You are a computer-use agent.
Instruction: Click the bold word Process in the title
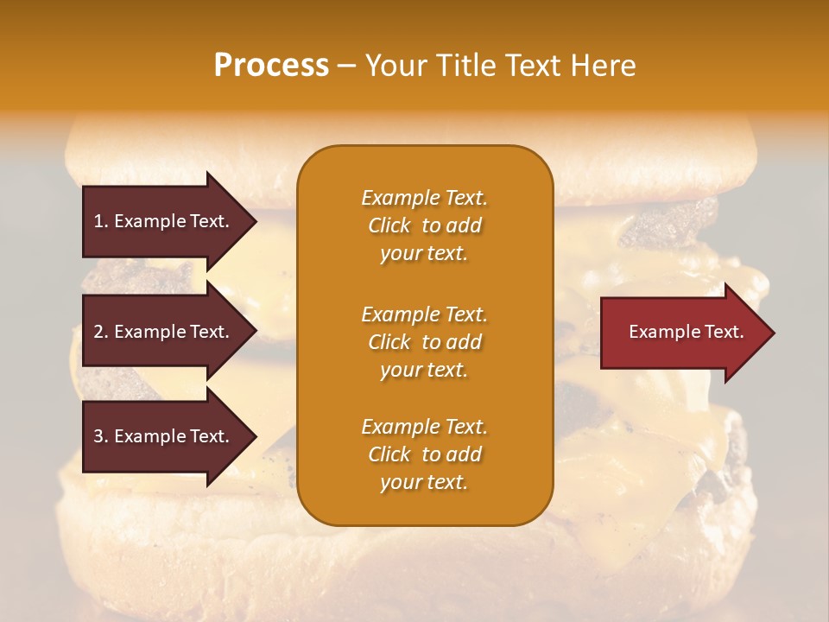[x=271, y=66]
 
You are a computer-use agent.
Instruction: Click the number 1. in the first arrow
[x=101, y=221]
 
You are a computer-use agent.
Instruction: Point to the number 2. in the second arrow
[x=101, y=332]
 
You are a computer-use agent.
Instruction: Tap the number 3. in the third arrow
[x=101, y=436]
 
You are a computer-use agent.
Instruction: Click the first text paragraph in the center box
[x=424, y=225]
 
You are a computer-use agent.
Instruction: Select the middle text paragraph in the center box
[x=424, y=342]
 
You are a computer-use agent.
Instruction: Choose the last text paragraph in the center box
[x=424, y=454]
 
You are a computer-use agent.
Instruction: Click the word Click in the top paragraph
[x=389, y=225]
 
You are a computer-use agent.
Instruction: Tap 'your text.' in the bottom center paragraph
[x=424, y=482]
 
